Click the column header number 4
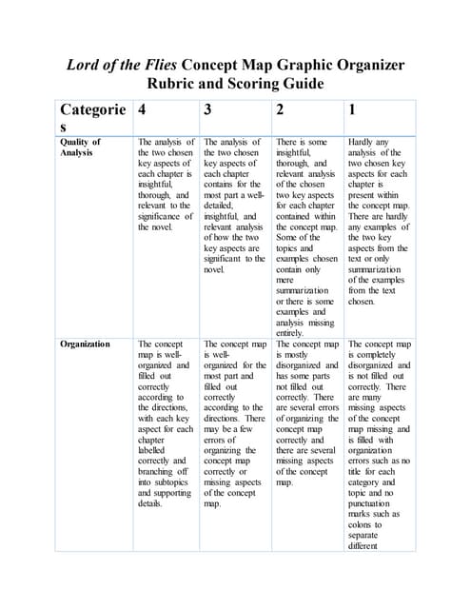[143, 109]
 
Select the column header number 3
[209, 109]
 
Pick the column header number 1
[353, 109]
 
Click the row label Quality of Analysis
[81, 147]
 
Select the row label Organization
[85, 344]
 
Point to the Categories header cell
[92, 118]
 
